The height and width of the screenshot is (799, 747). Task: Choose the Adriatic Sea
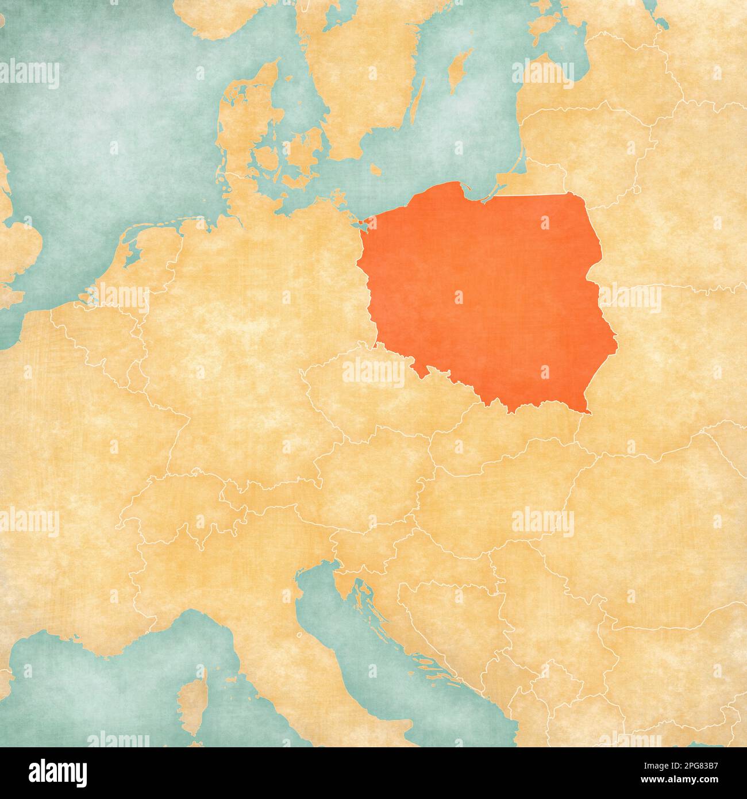tap(368, 650)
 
